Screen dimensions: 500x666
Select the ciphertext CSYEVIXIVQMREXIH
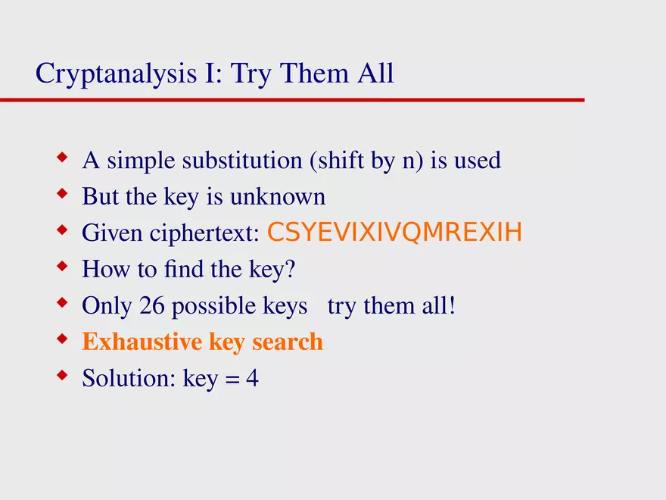(x=394, y=233)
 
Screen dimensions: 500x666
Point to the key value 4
(x=252, y=378)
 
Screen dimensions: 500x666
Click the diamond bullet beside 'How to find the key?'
(x=62, y=266)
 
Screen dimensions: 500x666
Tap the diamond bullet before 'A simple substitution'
(x=62, y=158)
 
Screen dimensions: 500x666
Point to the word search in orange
(x=288, y=342)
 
